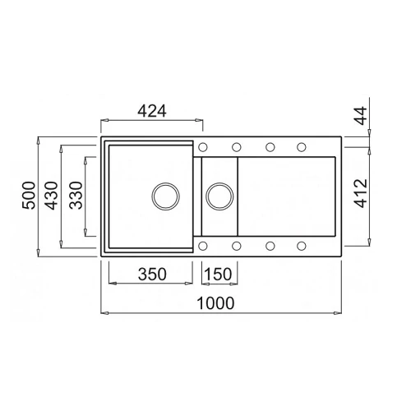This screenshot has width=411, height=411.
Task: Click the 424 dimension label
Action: coord(152,111)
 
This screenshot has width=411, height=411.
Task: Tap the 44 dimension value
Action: coord(361,116)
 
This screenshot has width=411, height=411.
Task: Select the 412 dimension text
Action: coord(361,193)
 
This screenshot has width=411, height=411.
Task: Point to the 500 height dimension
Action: coord(29,196)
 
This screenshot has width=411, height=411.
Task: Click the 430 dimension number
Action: coord(52,196)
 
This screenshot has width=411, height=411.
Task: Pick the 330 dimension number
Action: coord(76,196)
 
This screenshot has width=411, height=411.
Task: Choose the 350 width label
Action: coord(152,274)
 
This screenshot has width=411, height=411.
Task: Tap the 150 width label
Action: coord(218,274)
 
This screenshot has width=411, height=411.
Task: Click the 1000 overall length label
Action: coord(215,303)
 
